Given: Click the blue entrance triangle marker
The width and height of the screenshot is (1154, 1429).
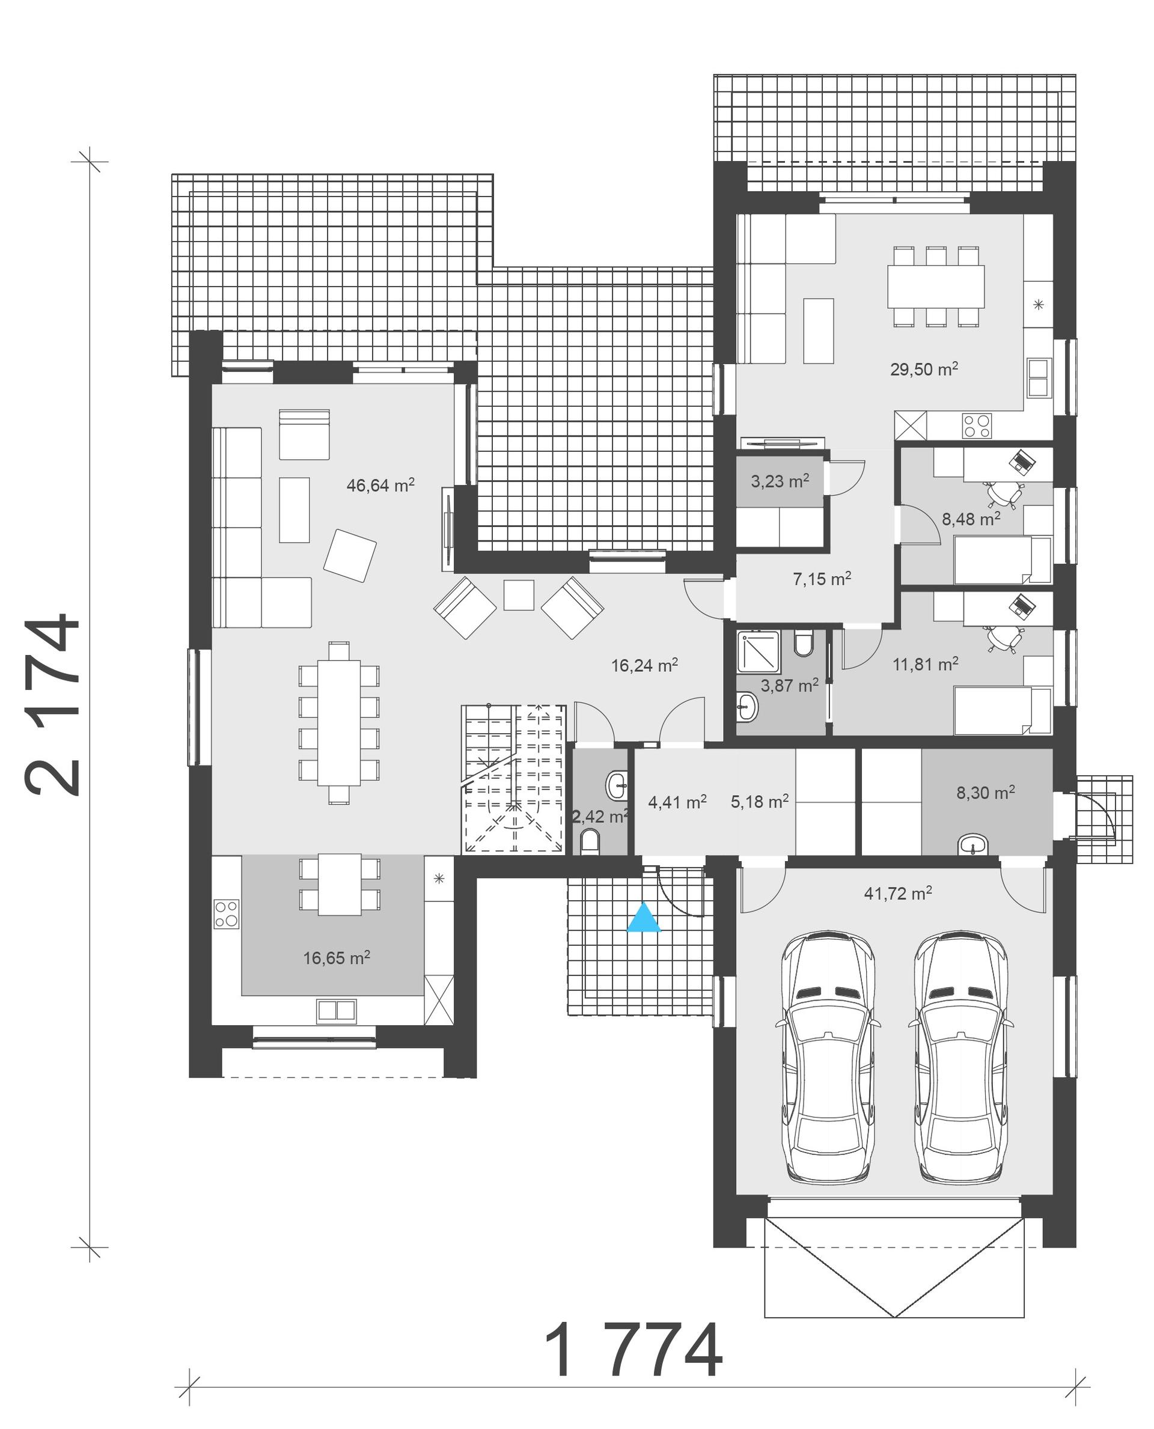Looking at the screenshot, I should pyautogui.click(x=644, y=917).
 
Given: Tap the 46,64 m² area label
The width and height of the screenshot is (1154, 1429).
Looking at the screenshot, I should pyautogui.click(x=380, y=485).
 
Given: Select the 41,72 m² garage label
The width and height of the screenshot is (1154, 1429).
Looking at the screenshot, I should pyautogui.click(x=897, y=894).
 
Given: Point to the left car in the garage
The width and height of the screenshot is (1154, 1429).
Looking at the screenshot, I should pyautogui.click(x=828, y=1057).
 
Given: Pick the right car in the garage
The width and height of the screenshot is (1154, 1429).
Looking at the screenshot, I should pyautogui.click(x=960, y=1057).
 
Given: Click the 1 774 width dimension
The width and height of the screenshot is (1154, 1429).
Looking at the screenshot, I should pyautogui.click(x=633, y=1350).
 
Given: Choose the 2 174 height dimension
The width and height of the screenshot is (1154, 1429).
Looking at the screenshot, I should pyautogui.click(x=53, y=704).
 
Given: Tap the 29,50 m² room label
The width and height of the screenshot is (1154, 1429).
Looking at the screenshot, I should pyautogui.click(x=924, y=369).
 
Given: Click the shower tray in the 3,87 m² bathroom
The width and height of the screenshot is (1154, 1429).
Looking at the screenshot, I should pyautogui.click(x=758, y=651).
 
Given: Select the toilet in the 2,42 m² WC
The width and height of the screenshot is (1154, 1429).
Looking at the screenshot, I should pyautogui.click(x=590, y=842).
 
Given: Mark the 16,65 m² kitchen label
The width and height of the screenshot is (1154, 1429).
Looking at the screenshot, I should pyautogui.click(x=337, y=958).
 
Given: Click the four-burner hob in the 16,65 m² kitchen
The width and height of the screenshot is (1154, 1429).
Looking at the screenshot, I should pyautogui.click(x=226, y=914).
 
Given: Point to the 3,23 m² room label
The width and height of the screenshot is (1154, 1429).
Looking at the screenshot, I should pyautogui.click(x=780, y=481).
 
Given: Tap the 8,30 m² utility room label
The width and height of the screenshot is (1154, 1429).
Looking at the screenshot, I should pyautogui.click(x=985, y=792).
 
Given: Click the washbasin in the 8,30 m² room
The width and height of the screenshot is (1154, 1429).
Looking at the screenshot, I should pyautogui.click(x=972, y=846).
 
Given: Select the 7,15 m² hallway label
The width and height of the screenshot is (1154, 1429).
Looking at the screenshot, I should pyautogui.click(x=822, y=579).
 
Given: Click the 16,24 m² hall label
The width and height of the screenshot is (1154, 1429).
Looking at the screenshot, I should pyautogui.click(x=644, y=665).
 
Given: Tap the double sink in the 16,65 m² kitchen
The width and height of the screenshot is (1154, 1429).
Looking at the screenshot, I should pyautogui.click(x=337, y=1010).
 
